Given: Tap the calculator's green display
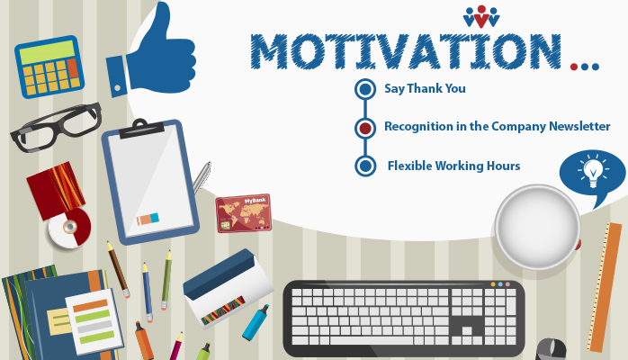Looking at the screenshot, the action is pos(48,51).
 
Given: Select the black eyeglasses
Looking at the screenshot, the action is pos(56,126).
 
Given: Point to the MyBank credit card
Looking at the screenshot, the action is pos(244,213).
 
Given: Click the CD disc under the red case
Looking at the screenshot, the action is pos(69,228).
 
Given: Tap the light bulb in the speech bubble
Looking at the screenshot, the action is pos(593,171).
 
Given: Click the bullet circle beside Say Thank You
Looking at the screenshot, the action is pos(365,89).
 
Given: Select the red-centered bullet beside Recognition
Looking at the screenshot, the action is pos(365,128).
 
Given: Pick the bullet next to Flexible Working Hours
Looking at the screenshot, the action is pos(365,166).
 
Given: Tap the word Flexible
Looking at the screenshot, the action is pos(409,166).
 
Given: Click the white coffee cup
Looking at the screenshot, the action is pos(537,227).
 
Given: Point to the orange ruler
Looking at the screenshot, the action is pos(604,287).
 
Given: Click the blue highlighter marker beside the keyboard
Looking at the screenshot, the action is pos(256,323).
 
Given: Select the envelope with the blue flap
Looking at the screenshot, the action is pos(228,289).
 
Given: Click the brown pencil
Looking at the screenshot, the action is pos(118,269).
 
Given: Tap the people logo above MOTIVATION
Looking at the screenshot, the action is pos(481,17).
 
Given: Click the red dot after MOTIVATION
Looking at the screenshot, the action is pos(574,67).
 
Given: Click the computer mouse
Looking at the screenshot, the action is pos(552,349).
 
